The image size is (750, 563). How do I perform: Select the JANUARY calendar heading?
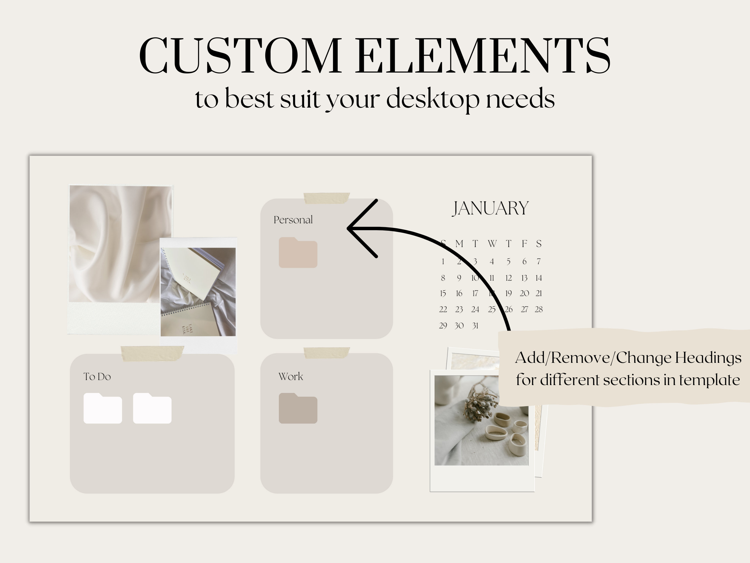(x=491, y=208)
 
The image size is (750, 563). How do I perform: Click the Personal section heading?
(x=293, y=220)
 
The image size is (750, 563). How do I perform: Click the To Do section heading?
(x=97, y=377)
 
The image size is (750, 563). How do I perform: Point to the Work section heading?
(x=291, y=376)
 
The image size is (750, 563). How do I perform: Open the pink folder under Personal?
(x=298, y=253)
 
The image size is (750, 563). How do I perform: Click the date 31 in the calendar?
(x=475, y=326)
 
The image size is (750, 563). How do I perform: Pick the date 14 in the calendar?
(x=538, y=278)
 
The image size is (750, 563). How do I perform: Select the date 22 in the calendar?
(x=443, y=309)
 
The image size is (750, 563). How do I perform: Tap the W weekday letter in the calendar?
(x=492, y=244)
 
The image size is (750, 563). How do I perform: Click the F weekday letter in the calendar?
(x=524, y=244)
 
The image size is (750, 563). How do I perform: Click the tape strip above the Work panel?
(x=326, y=353)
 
